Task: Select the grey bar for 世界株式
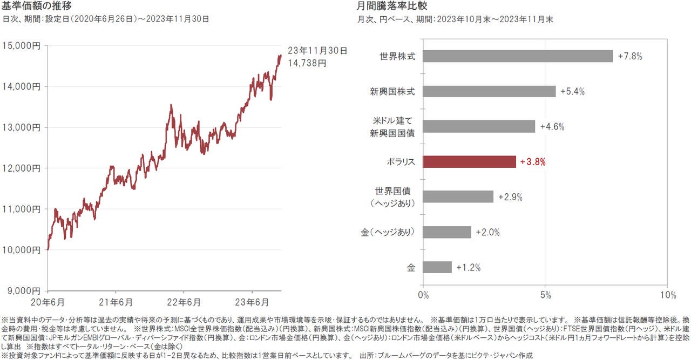518,56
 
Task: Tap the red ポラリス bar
469,161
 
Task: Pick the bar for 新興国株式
489,91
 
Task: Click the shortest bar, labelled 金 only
437,267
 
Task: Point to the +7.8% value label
630,56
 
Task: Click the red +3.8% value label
533,161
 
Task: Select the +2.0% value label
487,232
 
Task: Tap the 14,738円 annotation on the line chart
307,63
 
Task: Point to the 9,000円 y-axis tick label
23,290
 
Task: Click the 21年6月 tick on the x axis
117,301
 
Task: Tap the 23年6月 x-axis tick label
253,301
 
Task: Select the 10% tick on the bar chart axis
667,295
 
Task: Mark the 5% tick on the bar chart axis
545,295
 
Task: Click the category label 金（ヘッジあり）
388,232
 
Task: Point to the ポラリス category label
400,161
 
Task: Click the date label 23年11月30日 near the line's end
317,51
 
